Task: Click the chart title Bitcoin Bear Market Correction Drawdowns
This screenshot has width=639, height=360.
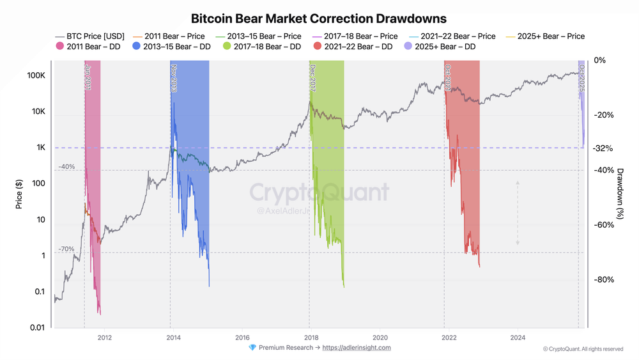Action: (319, 18)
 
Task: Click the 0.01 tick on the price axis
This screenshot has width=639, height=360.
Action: (36, 328)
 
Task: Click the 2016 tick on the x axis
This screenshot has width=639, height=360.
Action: (242, 337)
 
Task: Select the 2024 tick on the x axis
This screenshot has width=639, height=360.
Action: (518, 337)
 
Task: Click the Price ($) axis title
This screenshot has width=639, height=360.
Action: (20, 194)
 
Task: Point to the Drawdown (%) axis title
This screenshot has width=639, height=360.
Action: (619, 194)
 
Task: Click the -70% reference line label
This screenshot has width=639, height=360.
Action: (66, 249)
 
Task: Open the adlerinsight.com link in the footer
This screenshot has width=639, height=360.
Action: (357, 348)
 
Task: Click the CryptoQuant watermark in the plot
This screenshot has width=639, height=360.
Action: (318, 192)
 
